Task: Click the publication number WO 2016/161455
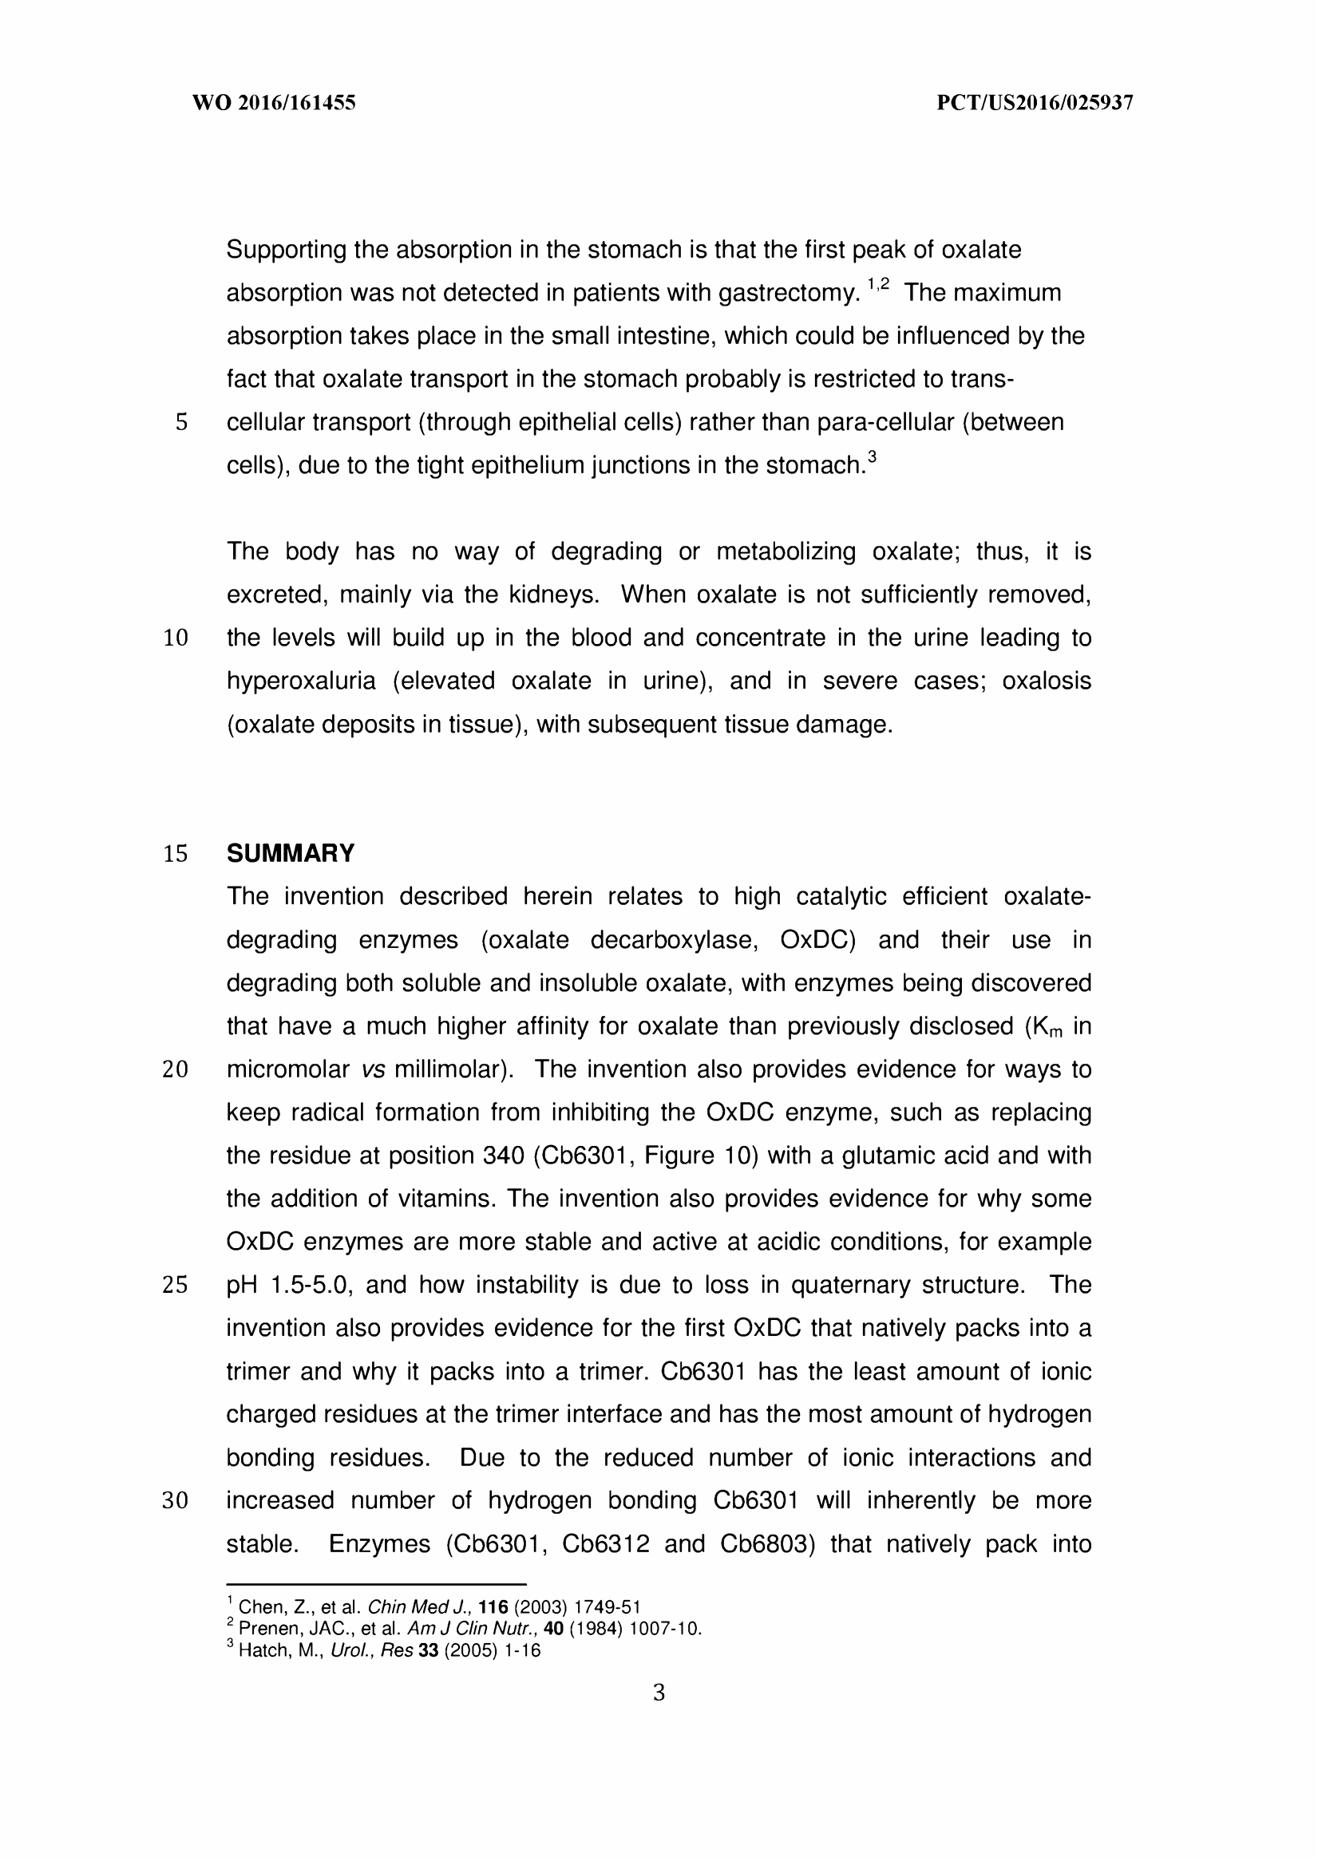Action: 274,103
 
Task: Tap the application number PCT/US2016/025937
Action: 1035,103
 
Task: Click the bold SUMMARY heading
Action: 291,853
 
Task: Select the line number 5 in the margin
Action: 181,423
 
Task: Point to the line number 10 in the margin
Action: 176,638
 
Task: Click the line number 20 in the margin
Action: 176,1070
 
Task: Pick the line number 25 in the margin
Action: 176,1286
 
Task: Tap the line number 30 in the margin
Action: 176,1502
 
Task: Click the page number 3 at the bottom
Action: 658,1693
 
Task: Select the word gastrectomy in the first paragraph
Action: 787,293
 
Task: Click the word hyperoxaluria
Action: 301,681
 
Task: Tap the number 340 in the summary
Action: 503,1156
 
